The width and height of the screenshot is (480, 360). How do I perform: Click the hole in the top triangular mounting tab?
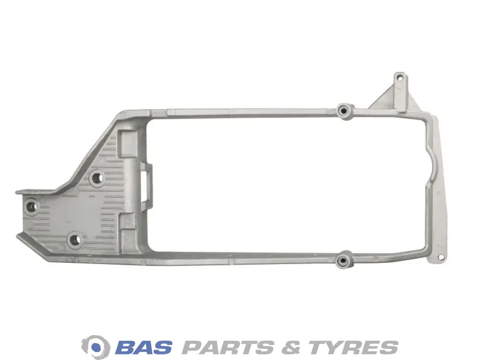click(399, 78)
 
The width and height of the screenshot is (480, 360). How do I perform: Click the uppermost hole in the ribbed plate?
click(97, 178)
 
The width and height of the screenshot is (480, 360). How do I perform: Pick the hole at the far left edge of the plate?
click(31, 207)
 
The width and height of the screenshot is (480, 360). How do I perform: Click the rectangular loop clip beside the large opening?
click(146, 185)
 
